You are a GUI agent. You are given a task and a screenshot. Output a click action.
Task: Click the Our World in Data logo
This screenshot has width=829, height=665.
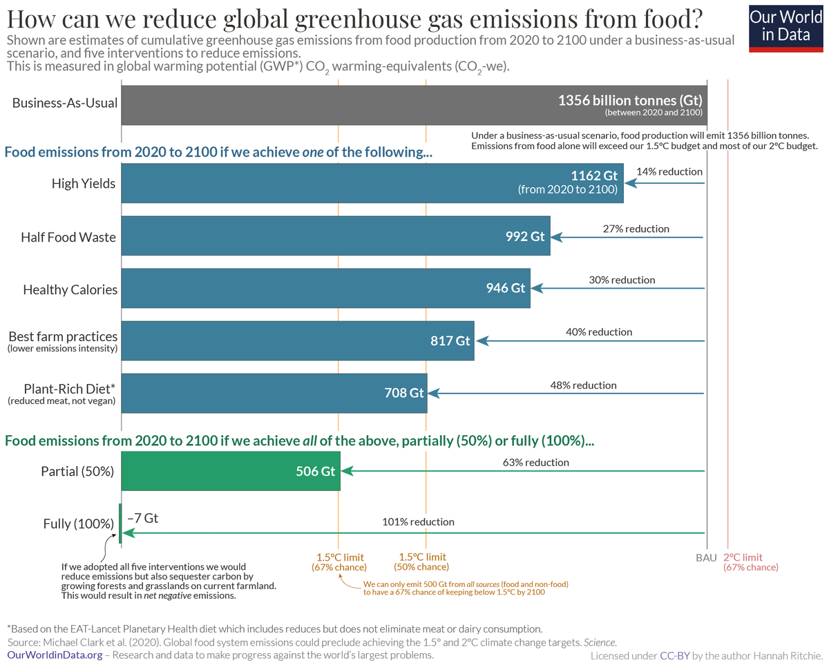click(785, 27)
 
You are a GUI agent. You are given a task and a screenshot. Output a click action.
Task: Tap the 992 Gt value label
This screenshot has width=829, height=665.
click(525, 236)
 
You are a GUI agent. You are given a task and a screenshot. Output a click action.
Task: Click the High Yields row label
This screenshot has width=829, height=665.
click(84, 183)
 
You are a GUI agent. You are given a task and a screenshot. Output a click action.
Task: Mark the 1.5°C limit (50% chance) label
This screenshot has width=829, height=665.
click(422, 562)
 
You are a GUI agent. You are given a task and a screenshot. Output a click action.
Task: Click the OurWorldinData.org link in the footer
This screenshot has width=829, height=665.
click(55, 655)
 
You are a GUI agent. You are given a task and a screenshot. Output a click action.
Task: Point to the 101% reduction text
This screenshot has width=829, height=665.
click(418, 521)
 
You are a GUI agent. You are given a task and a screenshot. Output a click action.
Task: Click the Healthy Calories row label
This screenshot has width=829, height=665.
click(70, 289)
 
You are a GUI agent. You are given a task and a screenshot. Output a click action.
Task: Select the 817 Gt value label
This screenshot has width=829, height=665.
click(450, 340)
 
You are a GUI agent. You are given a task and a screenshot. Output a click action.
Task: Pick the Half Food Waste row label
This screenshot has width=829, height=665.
click(68, 238)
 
